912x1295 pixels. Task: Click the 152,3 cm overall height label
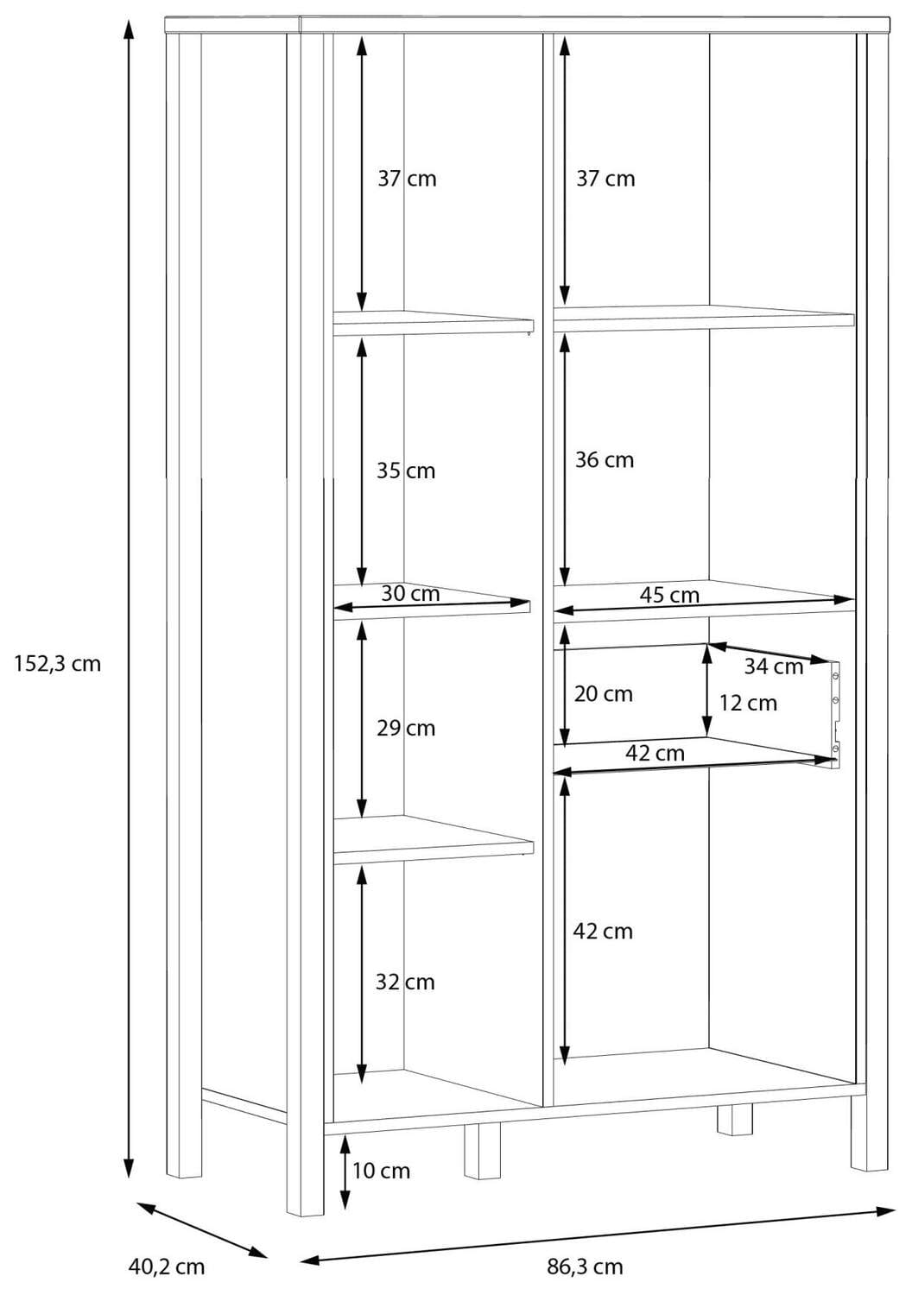pyautogui.click(x=58, y=664)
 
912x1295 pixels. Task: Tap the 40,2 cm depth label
pyautogui.click(x=167, y=1267)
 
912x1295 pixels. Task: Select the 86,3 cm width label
pyautogui.click(x=585, y=1267)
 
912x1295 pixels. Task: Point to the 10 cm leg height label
pyautogui.click(x=381, y=1171)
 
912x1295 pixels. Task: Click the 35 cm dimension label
pyautogui.click(x=406, y=471)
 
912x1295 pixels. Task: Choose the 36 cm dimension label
pyautogui.click(x=605, y=460)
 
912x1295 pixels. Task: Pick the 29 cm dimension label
pyautogui.click(x=406, y=728)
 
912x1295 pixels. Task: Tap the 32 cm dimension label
pyautogui.click(x=405, y=982)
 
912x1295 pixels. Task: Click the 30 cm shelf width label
pyautogui.click(x=410, y=594)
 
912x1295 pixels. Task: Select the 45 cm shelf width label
pyautogui.click(x=669, y=595)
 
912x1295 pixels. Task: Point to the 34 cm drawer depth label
pyautogui.click(x=774, y=666)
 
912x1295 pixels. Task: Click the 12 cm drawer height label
pyautogui.click(x=748, y=704)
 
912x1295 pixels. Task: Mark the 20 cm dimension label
pyautogui.click(x=604, y=694)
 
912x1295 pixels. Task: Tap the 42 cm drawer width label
pyautogui.click(x=655, y=753)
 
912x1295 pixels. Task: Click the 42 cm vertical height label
pyautogui.click(x=603, y=932)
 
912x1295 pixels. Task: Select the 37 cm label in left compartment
pyautogui.click(x=407, y=179)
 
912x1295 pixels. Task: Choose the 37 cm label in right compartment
pyautogui.click(x=605, y=179)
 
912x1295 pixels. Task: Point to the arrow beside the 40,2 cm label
pyautogui.click(x=201, y=1229)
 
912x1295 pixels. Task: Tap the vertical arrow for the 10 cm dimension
pyautogui.click(x=345, y=1172)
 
